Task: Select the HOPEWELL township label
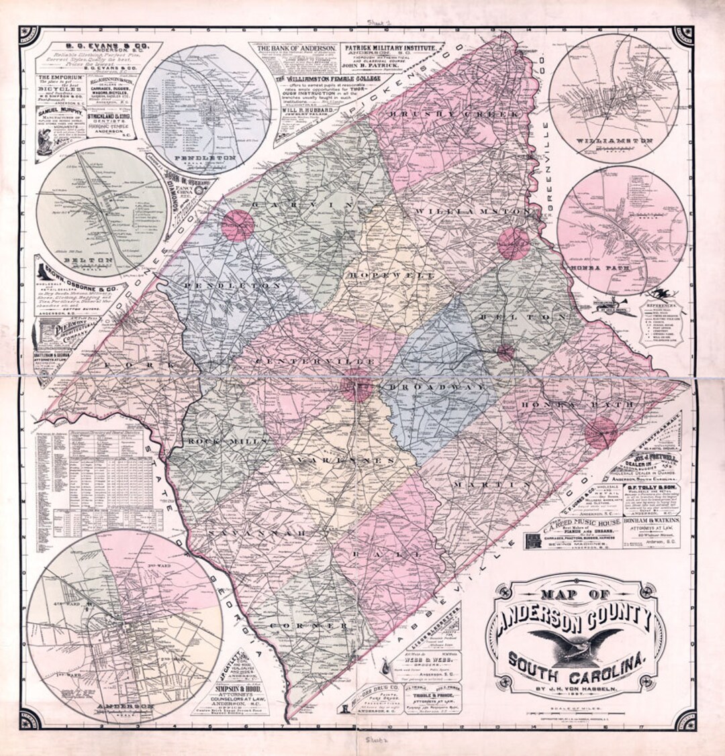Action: point(391,276)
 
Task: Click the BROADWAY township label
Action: point(436,388)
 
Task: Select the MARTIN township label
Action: point(491,484)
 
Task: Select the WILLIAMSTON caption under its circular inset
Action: point(610,142)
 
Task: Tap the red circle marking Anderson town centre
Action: point(356,386)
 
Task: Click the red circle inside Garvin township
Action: point(238,225)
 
